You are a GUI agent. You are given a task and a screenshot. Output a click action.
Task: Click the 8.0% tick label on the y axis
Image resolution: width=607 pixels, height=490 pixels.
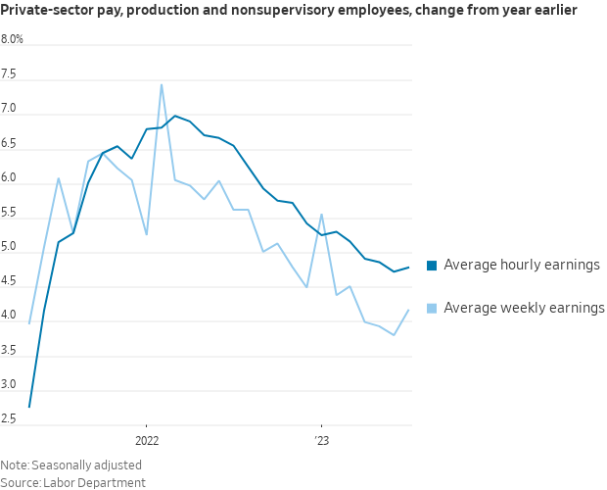(x=13, y=40)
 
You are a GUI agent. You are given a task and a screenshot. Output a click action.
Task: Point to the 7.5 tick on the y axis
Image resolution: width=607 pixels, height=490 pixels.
(x=9, y=74)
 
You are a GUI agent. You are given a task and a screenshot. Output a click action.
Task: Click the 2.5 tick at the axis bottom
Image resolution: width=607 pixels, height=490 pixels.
(x=9, y=419)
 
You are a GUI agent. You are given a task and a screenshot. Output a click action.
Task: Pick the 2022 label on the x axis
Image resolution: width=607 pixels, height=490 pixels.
(x=146, y=440)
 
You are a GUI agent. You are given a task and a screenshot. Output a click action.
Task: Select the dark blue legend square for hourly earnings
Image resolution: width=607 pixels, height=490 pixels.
(x=432, y=266)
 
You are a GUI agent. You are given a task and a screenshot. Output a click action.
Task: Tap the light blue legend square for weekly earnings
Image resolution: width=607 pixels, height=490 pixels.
(x=432, y=309)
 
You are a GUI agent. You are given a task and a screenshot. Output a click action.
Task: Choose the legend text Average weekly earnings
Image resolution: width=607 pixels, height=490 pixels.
(x=524, y=308)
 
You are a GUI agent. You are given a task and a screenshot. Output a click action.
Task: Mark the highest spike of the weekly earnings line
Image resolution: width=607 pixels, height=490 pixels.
(x=162, y=84)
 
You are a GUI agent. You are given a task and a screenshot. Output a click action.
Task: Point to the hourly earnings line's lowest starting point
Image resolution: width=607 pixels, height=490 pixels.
(x=29, y=407)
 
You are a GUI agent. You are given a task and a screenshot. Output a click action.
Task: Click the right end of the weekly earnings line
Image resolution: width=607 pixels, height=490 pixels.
(x=408, y=310)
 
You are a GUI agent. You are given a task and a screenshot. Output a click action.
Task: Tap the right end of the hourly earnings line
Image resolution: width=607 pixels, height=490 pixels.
(x=408, y=268)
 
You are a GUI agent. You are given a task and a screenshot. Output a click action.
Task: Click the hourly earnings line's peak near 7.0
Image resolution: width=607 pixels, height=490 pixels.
(x=175, y=116)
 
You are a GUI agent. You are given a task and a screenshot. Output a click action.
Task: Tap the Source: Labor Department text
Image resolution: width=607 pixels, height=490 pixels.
(x=72, y=482)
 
